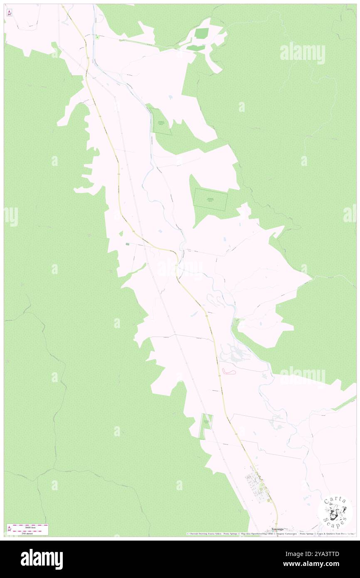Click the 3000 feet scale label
click(29, 527)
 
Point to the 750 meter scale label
click(29, 533)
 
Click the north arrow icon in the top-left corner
click(9, 12)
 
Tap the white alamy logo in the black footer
click(42, 559)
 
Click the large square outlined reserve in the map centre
click(211, 199)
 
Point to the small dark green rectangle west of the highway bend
click(128, 244)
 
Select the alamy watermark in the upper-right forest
click(302, 52)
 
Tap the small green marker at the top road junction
click(97, 37)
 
